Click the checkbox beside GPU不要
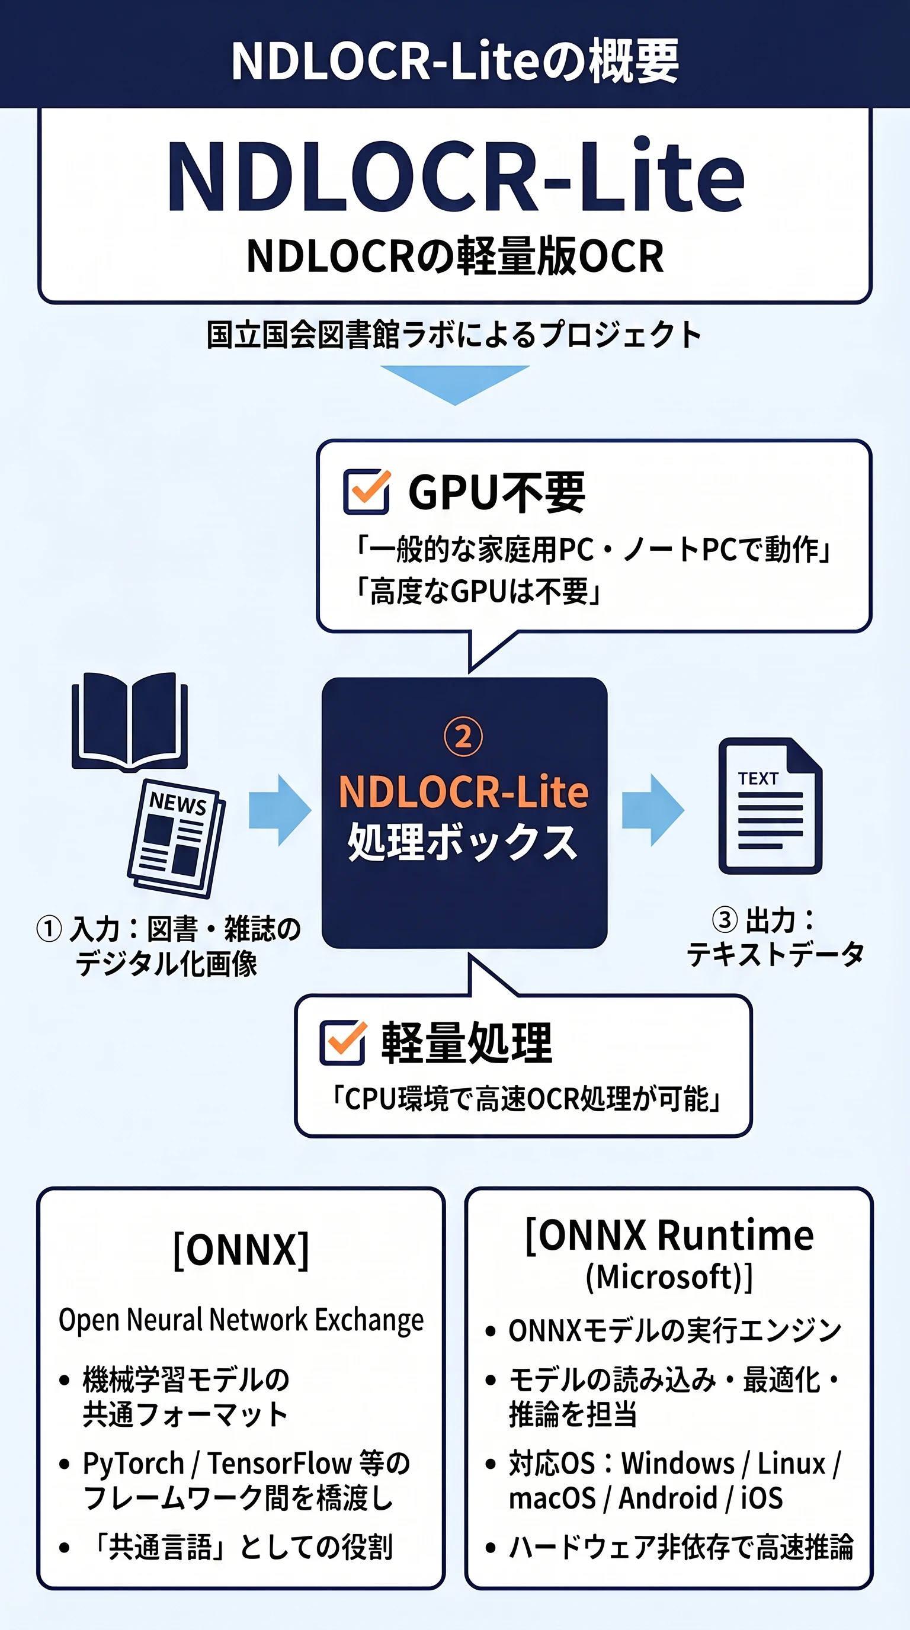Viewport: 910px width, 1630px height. (x=366, y=491)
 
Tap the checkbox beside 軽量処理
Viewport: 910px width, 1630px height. (x=343, y=1042)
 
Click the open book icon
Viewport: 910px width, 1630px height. (x=130, y=721)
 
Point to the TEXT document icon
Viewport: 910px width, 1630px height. (x=770, y=806)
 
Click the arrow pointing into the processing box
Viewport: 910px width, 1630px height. (x=280, y=810)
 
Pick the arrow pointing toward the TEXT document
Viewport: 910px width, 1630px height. (x=653, y=810)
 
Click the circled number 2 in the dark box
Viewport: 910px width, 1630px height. (x=463, y=737)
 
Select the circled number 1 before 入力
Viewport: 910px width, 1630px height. (x=49, y=929)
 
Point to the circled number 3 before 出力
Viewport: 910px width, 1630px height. (x=725, y=919)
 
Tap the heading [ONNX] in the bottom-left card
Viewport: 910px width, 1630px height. (x=241, y=1250)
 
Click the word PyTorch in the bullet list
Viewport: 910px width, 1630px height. (x=133, y=1464)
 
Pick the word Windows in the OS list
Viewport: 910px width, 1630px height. (x=678, y=1463)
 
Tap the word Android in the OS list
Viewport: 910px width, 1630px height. (x=668, y=1498)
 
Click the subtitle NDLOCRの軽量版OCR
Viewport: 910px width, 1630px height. (x=455, y=256)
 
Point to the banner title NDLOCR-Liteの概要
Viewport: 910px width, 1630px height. (x=455, y=61)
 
